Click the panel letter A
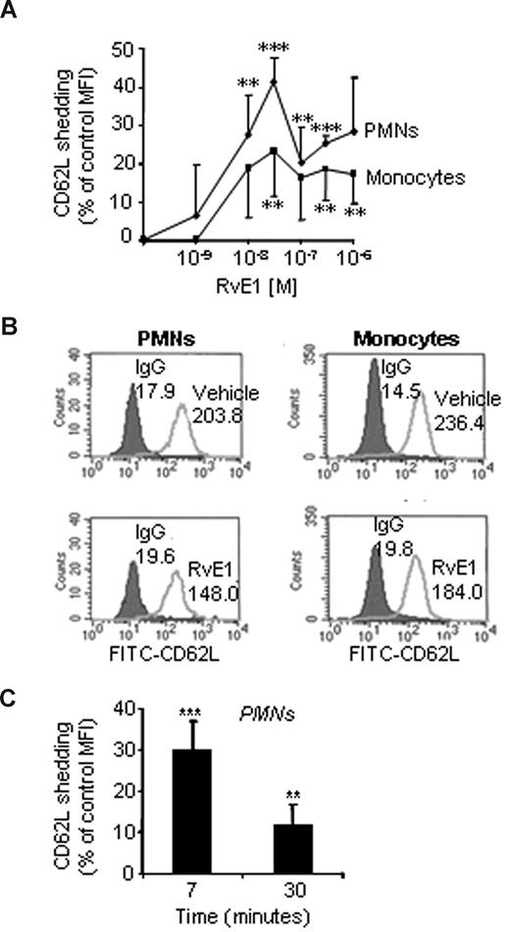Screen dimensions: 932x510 coord(11,11)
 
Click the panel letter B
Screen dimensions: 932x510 coord(11,323)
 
